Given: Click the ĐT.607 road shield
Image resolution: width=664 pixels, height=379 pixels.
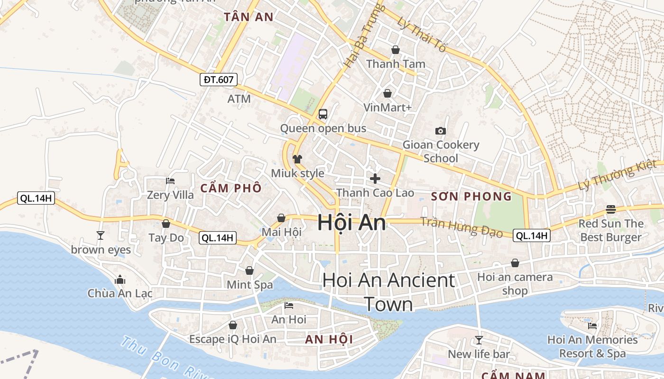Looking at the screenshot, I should click(218, 80).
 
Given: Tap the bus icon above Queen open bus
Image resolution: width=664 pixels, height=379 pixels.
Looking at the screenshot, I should click(323, 114).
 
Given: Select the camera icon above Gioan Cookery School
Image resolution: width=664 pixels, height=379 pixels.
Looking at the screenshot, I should click(441, 131).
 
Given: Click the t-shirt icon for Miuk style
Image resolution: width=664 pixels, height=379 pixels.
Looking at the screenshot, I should click(297, 159).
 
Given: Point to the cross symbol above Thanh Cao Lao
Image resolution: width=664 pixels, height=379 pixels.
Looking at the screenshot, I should click(375, 179).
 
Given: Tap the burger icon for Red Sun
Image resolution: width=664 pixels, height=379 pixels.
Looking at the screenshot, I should click(610, 209).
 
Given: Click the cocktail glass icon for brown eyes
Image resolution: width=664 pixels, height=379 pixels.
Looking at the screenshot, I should click(100, 235).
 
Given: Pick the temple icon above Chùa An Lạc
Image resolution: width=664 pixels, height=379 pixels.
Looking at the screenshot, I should click(120, 280).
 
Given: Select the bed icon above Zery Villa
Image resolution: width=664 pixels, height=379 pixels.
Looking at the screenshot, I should click(170, 181).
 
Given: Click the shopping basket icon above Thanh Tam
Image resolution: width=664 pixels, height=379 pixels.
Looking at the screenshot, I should click(395, 50).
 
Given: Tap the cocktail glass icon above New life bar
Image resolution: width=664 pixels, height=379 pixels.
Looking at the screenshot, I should click(479, 340).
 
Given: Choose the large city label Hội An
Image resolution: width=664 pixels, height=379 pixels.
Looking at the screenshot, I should click(351, 222).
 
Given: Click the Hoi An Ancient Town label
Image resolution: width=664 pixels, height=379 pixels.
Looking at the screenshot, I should click(388, 292).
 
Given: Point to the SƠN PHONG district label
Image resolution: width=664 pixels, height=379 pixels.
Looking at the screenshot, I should click(471, 196).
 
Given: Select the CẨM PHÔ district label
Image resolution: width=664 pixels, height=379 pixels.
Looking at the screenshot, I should click(231, 188).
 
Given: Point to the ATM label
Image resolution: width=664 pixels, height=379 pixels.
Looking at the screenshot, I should click(239, 99).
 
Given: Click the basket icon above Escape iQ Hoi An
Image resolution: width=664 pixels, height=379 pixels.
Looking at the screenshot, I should click(232, 325).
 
